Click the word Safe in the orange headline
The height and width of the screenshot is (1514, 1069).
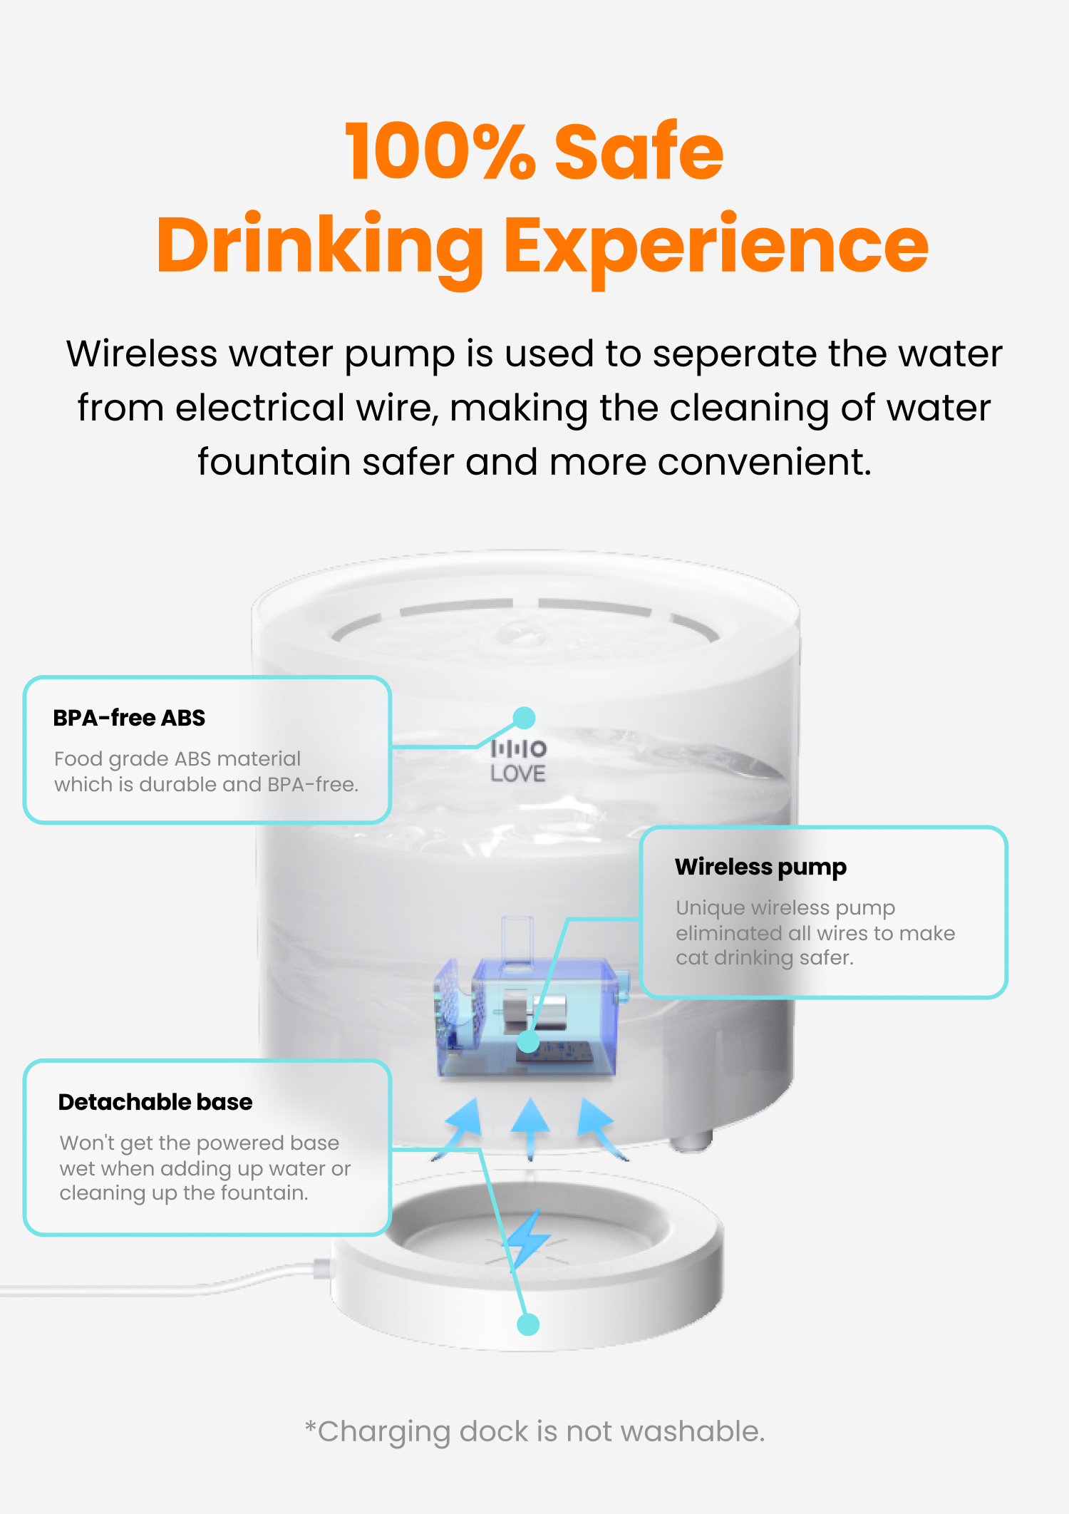point(639,151)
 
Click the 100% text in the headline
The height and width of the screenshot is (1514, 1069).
point(440,151)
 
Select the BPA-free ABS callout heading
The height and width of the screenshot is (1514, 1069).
point(129,718)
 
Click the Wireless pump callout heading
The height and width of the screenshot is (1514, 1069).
point(760,867)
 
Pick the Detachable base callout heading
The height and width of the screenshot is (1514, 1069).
point(155,1102)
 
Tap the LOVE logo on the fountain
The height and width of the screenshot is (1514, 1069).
point(518,761)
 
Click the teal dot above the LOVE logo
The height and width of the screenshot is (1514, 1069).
point(525,718)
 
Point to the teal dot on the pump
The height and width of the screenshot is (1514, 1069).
point(528,1041)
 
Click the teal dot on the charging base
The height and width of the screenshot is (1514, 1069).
point(528,1324)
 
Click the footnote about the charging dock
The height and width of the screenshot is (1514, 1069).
point(534,1431)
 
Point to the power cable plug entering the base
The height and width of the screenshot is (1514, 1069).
point(322,1269)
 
